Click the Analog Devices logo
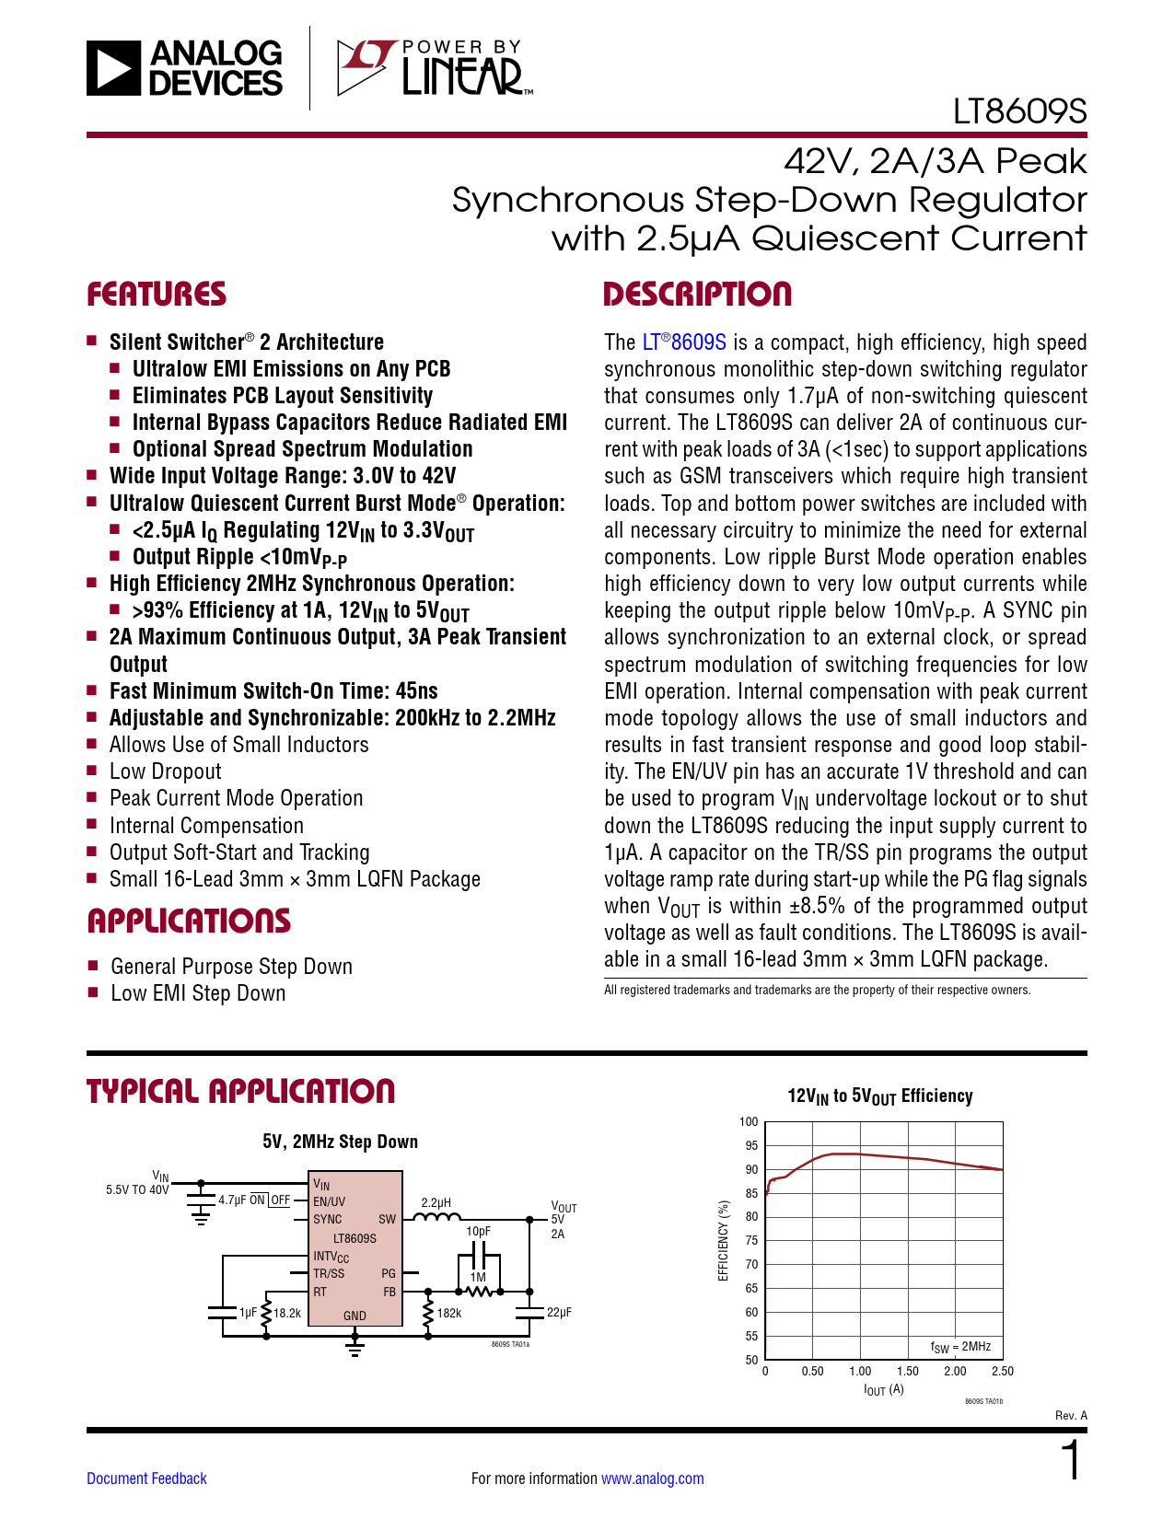click(x=184, y=68)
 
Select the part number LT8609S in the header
click(x=1019, y=112)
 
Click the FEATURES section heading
click(x=157, y=295)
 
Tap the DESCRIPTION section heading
click(x=697, y=295)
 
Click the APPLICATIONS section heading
click(x=189, y=922)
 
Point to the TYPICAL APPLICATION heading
click(x=240, y=1092)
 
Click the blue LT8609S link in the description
click(x=684, y=342)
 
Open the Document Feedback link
click(x=146, y=1478)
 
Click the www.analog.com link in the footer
click(x=652, y=1478)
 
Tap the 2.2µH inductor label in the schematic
click(x=436, y=1202)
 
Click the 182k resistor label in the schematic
click(x=449, y=1313)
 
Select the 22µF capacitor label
click(x=559, y=1313)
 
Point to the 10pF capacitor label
click(x=478, y=1231)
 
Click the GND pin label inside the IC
click(x=355, y=1316)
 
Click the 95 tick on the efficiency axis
click(x=751, y=1146)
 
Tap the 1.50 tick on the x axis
click(x=908, y=1372)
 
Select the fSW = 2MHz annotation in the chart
click(x=960, y=1347)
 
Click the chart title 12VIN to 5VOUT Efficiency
click(x=879, y=1096)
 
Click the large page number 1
click(x=1071, y=1462)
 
